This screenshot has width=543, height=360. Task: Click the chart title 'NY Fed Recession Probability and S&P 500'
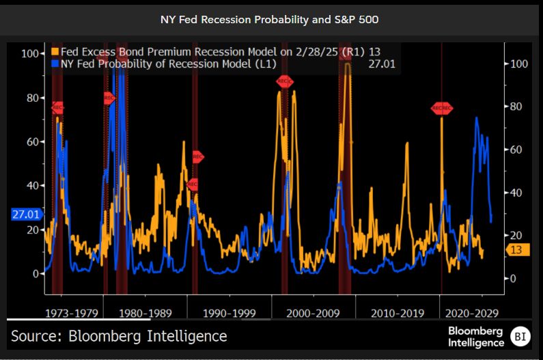click(271, 19)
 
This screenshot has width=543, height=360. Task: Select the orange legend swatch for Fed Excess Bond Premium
click(55, 52)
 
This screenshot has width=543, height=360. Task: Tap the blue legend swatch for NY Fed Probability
click(55, 64)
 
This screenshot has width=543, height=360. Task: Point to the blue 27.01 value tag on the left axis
click(26, 214)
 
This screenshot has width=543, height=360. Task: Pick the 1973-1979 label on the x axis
click(70, 314)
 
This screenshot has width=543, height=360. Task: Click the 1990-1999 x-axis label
click(229, 314)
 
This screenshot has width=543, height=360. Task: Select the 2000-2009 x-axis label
click(313, 314)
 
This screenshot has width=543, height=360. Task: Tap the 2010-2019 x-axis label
click(397, 314)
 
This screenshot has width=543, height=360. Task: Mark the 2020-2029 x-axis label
click(472, 314)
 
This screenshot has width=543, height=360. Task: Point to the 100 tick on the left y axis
click(29, 53)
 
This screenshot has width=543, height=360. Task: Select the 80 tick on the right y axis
click(516, 107)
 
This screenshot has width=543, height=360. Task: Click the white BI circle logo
click(521, 336)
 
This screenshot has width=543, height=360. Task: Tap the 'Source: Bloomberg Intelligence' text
click(119, 336)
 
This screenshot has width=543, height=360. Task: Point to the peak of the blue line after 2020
click(476, 118)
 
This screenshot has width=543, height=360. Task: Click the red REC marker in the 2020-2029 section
click(442, 109)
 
